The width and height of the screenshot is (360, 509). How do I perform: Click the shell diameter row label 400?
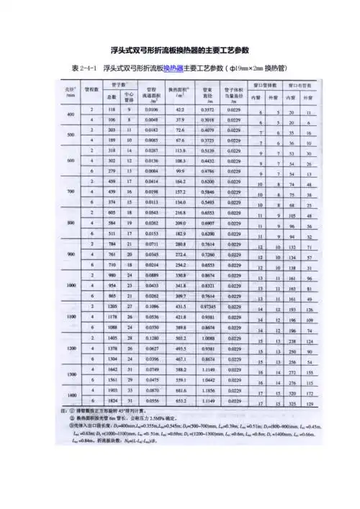71,115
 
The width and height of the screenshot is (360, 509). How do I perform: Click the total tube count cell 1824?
113,400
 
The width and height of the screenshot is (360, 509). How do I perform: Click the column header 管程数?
91,91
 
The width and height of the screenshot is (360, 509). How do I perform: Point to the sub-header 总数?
113,96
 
